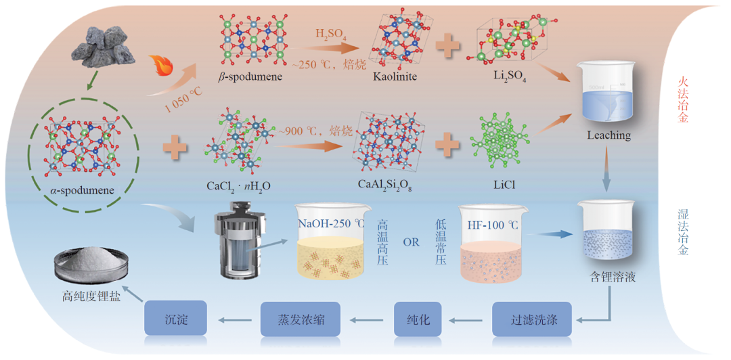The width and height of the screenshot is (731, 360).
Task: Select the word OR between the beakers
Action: click(x=412, y=243)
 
